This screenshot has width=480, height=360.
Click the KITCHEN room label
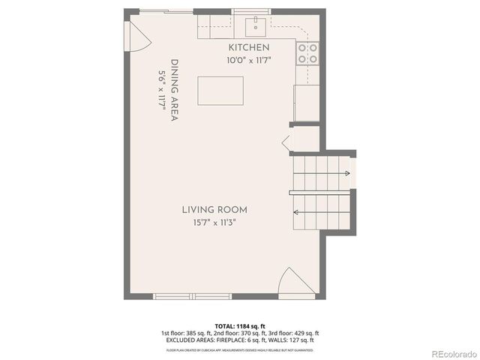click(248, 47)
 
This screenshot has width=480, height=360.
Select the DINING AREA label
click(174, 89)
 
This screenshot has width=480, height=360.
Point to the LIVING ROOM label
click(214, 209)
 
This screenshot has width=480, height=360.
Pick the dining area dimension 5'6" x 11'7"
click(161, 90)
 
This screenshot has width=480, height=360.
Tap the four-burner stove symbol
click(307, 52)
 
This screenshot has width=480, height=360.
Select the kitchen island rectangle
click(220, 91)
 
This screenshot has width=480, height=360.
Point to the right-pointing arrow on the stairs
click(346, 173)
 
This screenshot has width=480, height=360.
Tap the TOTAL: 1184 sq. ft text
click(240, 325)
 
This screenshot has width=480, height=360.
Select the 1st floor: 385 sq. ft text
click(184, 332)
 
